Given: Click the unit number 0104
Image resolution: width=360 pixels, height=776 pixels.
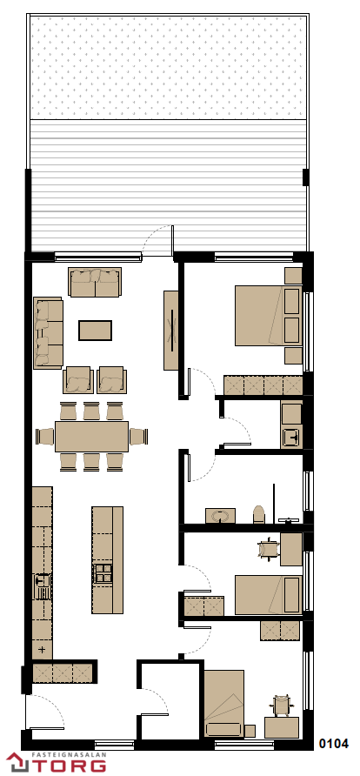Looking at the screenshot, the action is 334,743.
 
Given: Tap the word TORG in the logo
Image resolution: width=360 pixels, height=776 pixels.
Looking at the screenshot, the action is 70,764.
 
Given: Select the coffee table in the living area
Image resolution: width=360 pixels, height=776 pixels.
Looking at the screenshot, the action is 95,330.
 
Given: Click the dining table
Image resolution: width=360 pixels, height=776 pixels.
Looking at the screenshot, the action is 91,437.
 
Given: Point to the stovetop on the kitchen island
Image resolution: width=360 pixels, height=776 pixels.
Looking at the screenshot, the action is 103,573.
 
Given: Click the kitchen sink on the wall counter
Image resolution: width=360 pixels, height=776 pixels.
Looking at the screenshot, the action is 43,586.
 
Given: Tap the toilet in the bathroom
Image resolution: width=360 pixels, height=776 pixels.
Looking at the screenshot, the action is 258,515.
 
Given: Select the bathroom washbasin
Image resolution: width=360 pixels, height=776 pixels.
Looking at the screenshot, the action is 220,516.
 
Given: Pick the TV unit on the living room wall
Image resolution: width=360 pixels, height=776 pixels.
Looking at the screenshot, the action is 171,330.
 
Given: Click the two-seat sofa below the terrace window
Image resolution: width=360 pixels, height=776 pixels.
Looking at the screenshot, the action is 95,282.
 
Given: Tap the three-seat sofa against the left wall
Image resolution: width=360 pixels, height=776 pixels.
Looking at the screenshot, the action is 48,332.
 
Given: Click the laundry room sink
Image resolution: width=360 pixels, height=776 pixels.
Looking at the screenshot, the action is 291,438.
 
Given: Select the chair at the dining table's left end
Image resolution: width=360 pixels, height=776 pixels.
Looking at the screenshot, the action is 45,437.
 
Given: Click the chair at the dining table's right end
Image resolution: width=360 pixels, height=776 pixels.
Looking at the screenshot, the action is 138,437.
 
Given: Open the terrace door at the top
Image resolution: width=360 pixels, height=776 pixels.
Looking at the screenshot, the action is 158,238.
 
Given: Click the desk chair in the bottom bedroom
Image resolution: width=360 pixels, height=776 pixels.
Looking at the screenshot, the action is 282,705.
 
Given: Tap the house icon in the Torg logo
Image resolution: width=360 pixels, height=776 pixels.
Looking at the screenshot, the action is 17,762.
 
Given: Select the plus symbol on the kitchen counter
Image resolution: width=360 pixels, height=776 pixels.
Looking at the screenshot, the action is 42,649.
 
